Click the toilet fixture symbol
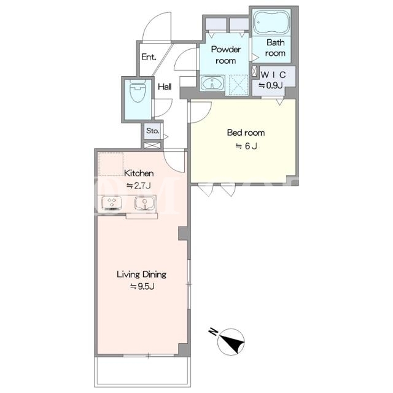[138, 91]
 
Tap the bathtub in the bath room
[271, 22]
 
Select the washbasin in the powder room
[213, 83]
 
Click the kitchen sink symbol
[145, 203]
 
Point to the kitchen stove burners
[112, 203]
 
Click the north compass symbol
[231, 342]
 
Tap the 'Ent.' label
[149, 57]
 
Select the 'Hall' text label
[165, 87]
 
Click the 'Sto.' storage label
[153, 131]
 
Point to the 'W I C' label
[273, 75]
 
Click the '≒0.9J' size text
[271, 85]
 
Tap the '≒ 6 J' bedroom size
[246, 146]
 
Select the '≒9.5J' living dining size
[142, 286]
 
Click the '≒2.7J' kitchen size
[139, 185]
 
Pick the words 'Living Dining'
[142, 274]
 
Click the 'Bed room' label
[246, 133]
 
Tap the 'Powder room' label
[225, 55]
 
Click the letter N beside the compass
[213, 332]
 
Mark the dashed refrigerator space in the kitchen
[111, 164]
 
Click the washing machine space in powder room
[236, 85]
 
